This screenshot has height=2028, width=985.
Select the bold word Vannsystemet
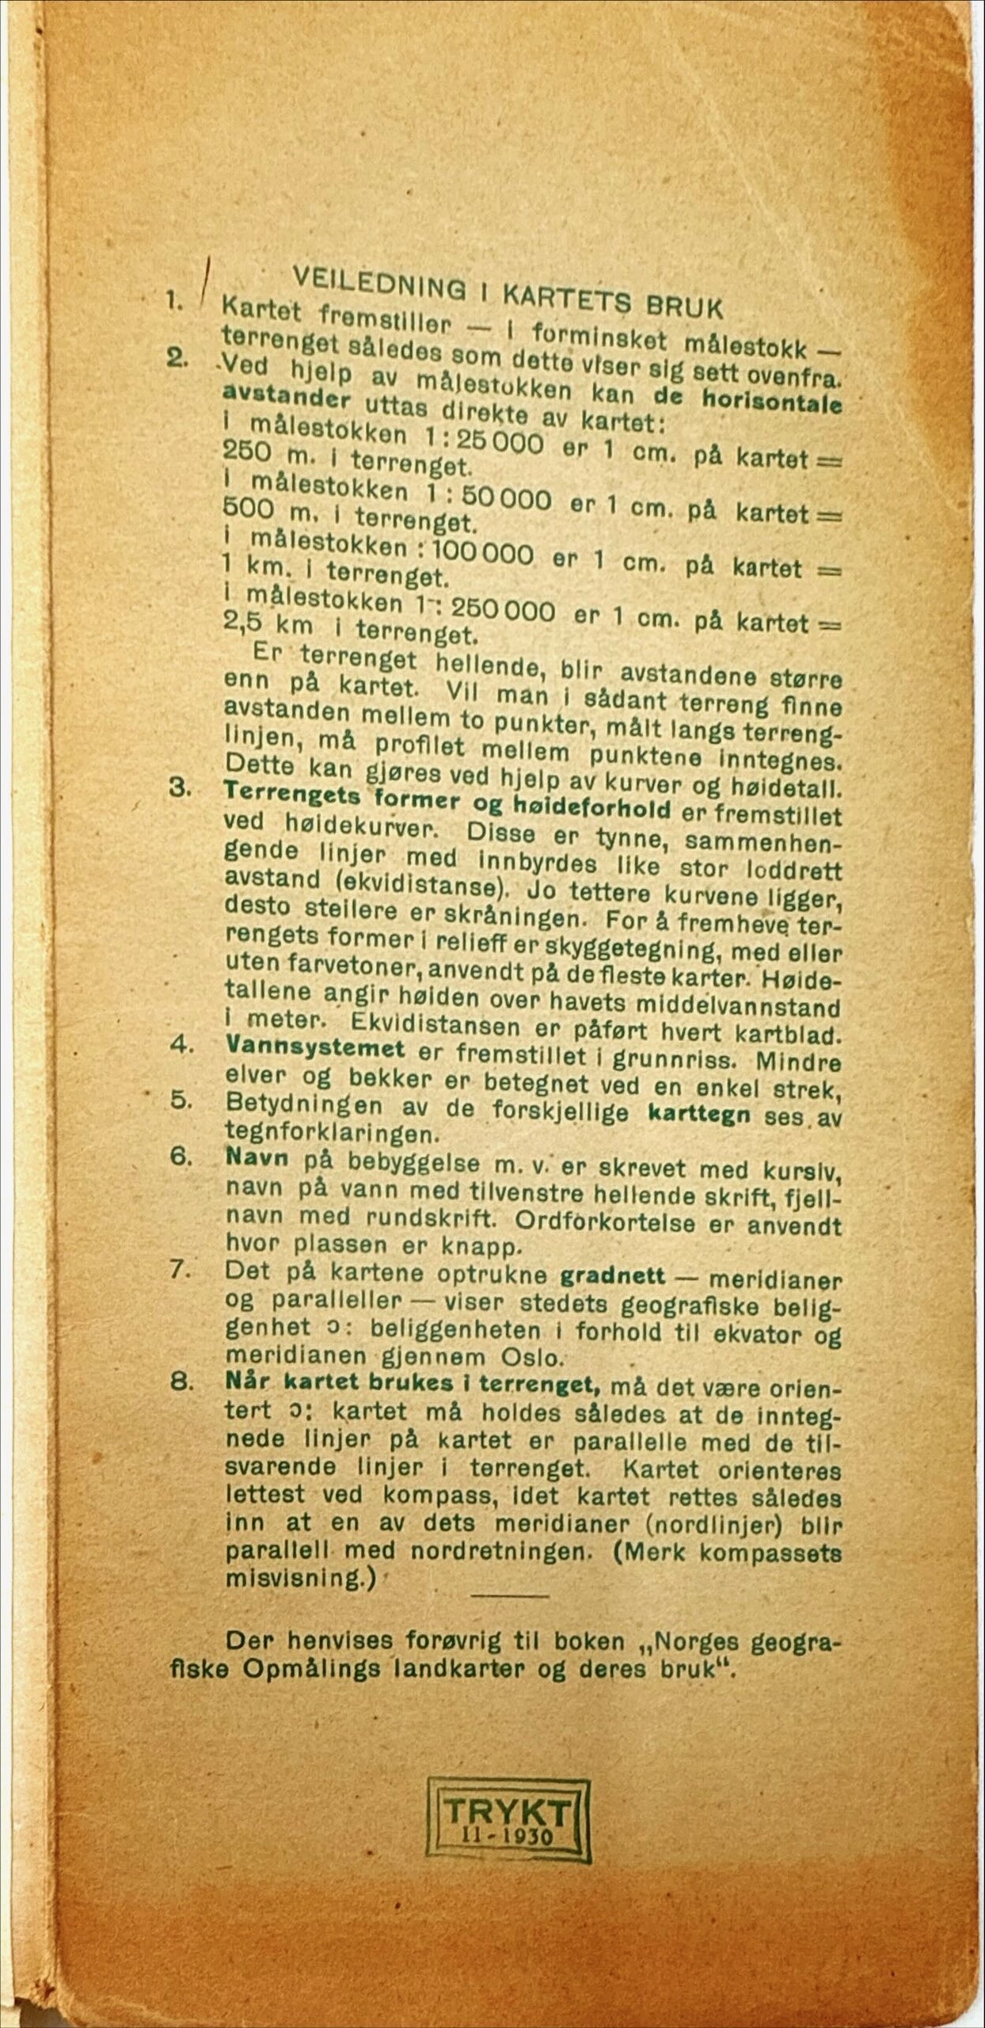tap(315, 1048)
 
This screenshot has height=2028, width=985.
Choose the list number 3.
tap(180, 789)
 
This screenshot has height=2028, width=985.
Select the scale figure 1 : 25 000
tap(484, 440)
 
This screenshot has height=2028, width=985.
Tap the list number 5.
tap(181, 1101)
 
